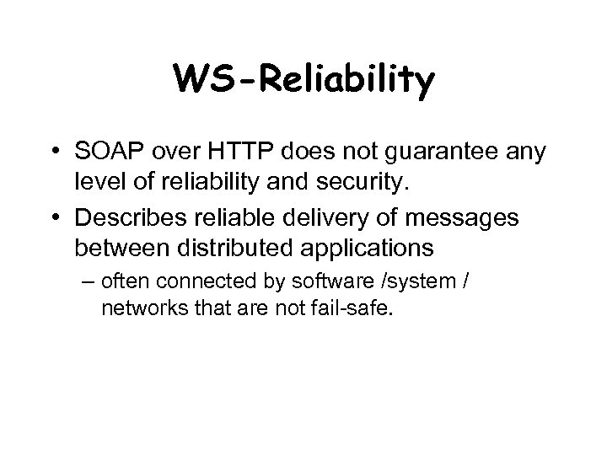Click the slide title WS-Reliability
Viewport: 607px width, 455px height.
[x=303, y=80]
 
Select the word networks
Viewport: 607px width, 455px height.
[x=137, y=309]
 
